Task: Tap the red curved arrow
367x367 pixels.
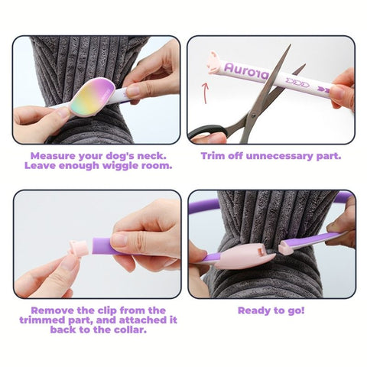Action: (206, 93)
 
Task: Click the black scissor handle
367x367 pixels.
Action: (208, 131)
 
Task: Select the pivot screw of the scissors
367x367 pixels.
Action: (253, 115)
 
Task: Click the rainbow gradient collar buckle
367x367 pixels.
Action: (93, 96)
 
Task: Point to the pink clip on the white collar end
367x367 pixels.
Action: (213, 63)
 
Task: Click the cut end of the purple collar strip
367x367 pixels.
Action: (94, 245)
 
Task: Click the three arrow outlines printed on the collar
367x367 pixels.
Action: (297, 82)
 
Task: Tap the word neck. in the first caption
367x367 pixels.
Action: (152, 156)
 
